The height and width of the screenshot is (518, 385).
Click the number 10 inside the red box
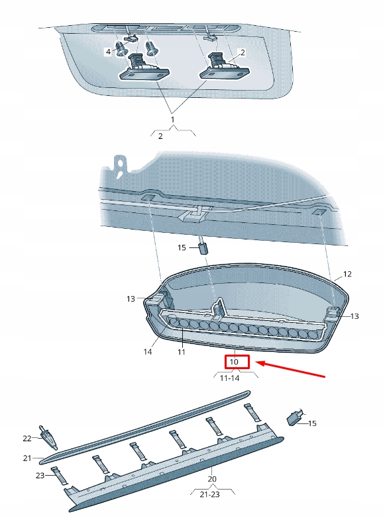point(234,363)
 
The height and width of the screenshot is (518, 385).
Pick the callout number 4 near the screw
point(109,51)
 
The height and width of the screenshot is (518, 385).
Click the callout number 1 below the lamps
point(174,120)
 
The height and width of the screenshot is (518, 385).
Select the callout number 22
point(27,438)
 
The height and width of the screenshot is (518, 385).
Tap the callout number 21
point(27,458)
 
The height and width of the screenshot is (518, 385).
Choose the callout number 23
point(39,475)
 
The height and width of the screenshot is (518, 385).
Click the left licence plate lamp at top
point(142,69)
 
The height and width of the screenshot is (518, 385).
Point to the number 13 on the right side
point(355,316)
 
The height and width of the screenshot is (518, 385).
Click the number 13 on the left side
point(131,299)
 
